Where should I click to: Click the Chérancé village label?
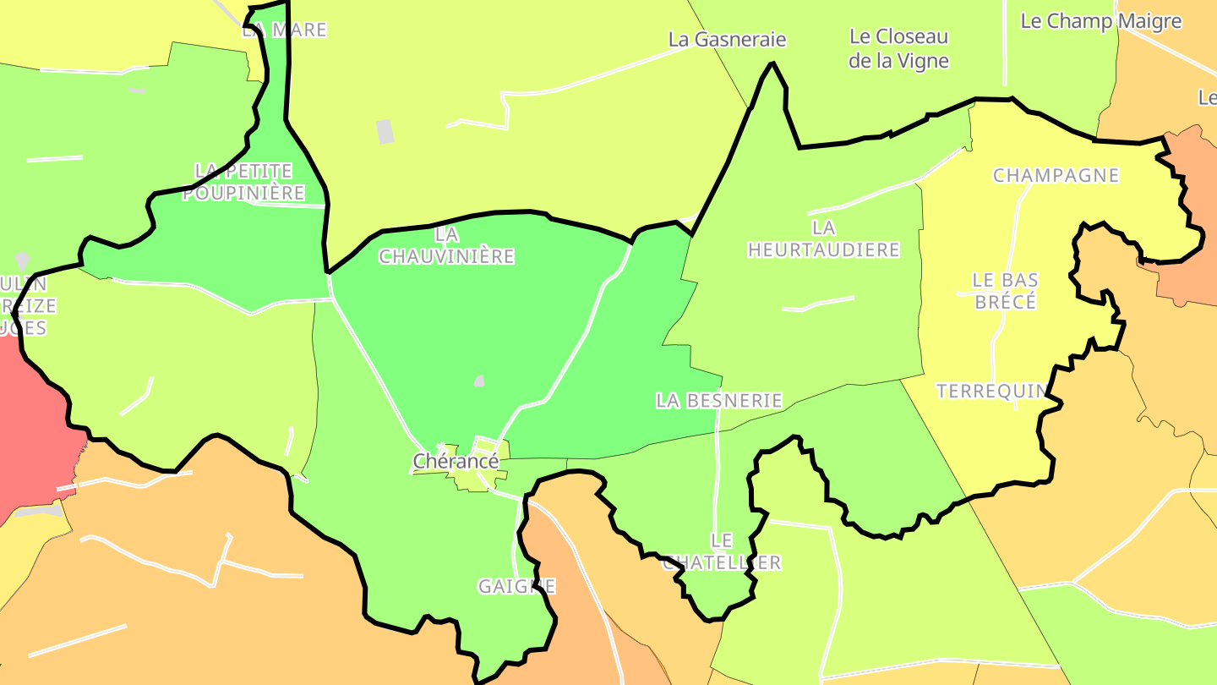point(456,461)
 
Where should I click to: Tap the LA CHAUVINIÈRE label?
point(446,244)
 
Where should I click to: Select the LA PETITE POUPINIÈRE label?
point(243,182)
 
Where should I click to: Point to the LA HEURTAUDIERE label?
point(823,238)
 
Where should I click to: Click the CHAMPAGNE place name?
point(1056,176)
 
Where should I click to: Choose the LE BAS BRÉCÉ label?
point(1005,290)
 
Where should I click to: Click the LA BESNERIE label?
point(719,400)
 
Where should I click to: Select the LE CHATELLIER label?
point(721,551)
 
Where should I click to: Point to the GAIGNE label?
point(516,586)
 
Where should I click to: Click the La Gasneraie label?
point(727,39)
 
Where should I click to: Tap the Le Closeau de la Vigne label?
point(898,48)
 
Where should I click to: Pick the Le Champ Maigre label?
point(1100,21)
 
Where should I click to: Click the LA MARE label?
point(284,30)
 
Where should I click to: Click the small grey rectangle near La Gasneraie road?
point(385,131)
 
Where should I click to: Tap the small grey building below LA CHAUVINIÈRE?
point(479,381)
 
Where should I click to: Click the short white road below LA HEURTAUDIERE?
point(818,303)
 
